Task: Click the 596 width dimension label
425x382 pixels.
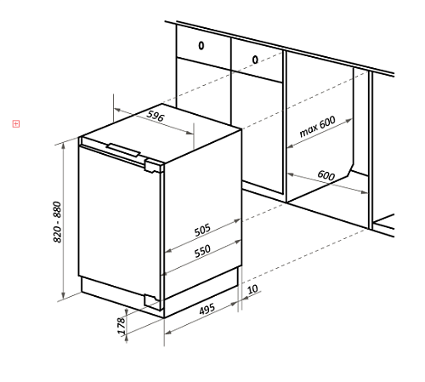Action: pos(156,116)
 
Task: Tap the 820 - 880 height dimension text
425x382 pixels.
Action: pos(58,222)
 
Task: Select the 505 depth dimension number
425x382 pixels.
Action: pos(202,230)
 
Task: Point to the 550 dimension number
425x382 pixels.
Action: pos(202,251)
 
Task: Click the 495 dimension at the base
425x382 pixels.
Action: pos(207,309)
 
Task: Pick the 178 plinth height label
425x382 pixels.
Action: pos(121,325)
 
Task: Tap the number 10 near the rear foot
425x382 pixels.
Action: pos(252,289)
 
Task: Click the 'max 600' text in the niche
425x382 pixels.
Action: pos(317,127)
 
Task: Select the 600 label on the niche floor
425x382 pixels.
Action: pos(326,175)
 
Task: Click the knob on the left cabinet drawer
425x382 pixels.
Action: pos(201,45)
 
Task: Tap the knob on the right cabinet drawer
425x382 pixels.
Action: pos(255,60)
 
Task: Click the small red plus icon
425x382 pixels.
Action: pos(16,124)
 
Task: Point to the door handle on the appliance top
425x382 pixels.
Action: pos(124,150)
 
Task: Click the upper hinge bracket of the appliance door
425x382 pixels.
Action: pos(153,166)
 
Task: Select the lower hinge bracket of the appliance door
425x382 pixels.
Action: pos(152,301)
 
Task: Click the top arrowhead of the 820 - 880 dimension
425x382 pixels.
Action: pos(64,145)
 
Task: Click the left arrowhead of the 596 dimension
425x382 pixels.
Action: pos(117,110)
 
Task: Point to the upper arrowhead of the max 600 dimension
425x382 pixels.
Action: pos(348,121)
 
